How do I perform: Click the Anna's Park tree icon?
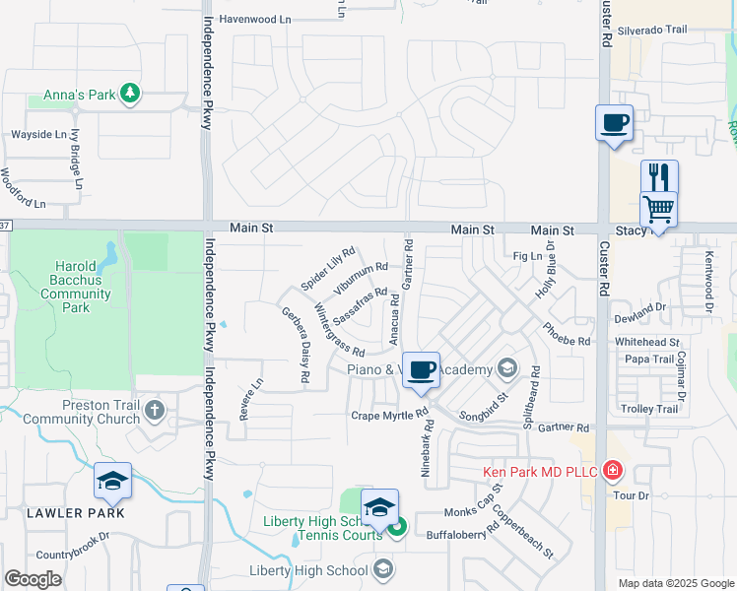[129, 95]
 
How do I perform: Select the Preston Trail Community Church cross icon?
[155, 409]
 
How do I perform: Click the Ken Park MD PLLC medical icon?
[613, 472]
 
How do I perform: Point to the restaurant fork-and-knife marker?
[659, 177]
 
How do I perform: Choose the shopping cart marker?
[658, 209]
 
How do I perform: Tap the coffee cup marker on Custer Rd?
[614, 124]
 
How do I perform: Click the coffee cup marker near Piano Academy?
[421, 370]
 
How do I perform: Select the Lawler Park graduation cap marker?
[112, 482]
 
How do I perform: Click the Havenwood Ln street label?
[256, 19]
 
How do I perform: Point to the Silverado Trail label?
[651, 31]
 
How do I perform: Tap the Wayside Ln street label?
[38, 134]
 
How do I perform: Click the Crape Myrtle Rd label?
[387, 416]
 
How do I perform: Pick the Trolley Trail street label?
[651, 409]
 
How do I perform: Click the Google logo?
[33, 579]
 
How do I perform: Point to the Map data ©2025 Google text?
[675, 583]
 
